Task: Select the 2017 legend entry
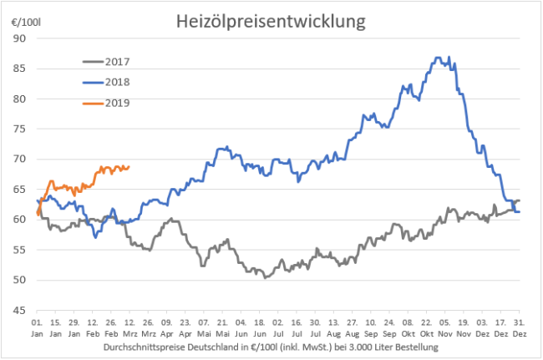124,61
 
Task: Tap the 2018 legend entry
124,82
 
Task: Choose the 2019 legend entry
124,103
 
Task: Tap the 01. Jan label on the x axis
38,327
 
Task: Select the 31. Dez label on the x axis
520,327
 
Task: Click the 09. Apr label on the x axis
165,327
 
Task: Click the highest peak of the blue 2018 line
439,57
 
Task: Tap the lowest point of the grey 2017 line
266,276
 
